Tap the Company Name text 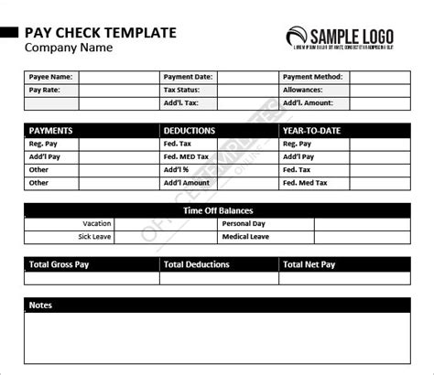click(69, 48)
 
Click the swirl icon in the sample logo click(298, 36)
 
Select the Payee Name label click(50, 78)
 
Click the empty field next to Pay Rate click(119, 91)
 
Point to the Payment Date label click(188, 78)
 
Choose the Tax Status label click(182, 91)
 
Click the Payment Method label click(315, 78)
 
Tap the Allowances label click(306, 91)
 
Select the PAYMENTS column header click(50, 131)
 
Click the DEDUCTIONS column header click(190, 131)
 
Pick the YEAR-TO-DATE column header click(311, 131)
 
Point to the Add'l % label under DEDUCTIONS click(176, 170)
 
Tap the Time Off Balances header click(218, 210)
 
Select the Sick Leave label click(97, 236)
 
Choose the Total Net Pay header click(309, 264)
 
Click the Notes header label click(40, 305)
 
